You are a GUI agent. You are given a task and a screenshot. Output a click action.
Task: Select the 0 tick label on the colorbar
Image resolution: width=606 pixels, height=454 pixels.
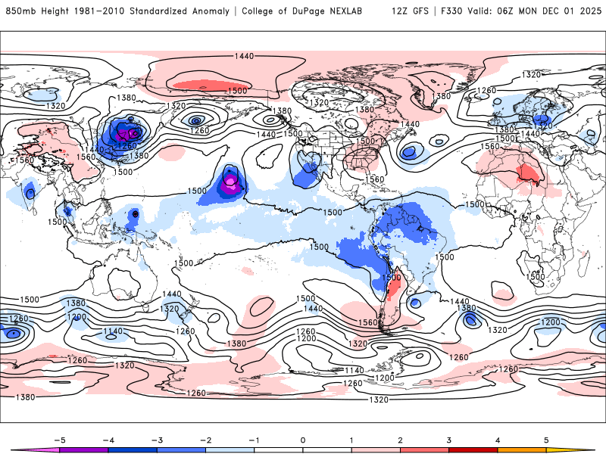click(303, 440)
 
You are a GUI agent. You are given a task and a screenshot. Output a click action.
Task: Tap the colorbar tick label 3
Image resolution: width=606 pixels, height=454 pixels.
click(448, 440)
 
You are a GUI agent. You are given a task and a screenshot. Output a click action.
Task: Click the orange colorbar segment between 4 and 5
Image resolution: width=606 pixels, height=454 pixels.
click(522, 449)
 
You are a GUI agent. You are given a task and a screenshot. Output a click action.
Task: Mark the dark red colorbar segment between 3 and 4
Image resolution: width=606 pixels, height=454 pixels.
click(473, 449)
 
